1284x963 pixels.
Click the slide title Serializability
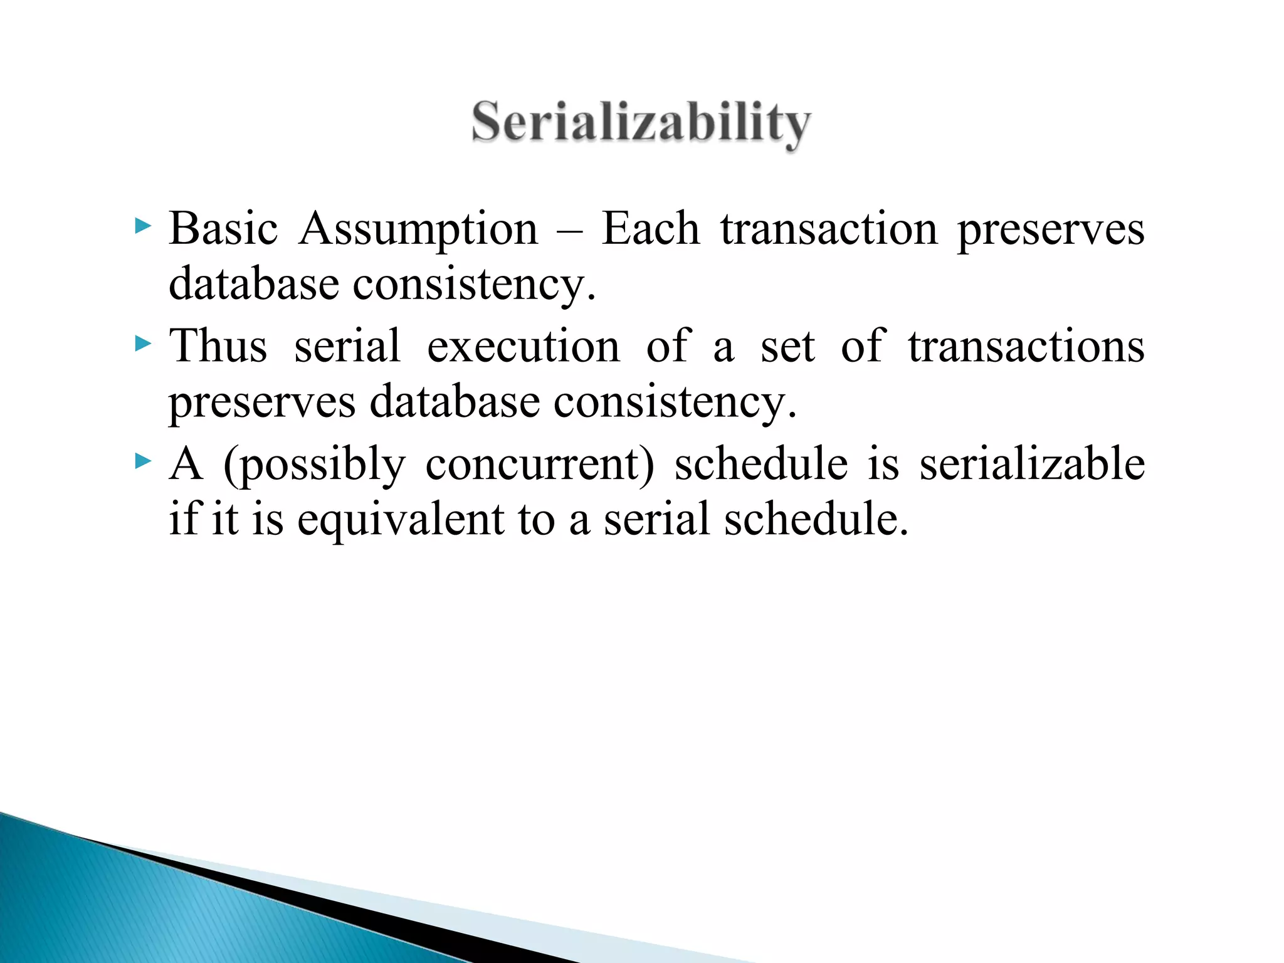[641, 123]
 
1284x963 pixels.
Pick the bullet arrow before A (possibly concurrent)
[143, 462]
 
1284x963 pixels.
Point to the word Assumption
[418, 229]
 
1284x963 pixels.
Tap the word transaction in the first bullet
[829, 229]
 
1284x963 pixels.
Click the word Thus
[218, 346]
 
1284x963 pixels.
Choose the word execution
[523, 346]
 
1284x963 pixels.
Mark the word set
[787, 347]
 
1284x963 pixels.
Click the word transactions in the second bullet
[1026, 346]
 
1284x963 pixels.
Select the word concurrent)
[540, 465]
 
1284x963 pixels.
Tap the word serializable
[1032, 464]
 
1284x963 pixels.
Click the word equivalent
[401, 520]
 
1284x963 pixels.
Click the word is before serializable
[883, 464]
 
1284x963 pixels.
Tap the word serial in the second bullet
[347, 346]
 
